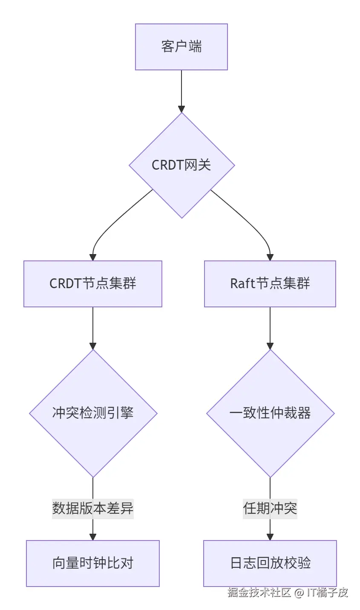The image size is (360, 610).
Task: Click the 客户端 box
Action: pos(181,46)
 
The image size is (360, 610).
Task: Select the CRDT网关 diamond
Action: pos(181,165)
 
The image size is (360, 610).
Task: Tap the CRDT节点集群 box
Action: pos(93,283)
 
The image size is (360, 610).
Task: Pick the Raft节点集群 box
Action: pos(270,283)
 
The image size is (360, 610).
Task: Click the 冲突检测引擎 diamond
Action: pos(93,413)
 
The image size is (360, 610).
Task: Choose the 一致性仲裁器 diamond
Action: pos(270,413)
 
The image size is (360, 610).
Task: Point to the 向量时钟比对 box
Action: pos(93,563)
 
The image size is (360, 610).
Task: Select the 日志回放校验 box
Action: pos(270,563)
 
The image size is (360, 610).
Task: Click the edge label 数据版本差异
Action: pos(93,508)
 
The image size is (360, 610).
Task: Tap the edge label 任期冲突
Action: pos(270,508)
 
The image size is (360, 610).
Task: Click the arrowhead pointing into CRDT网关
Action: pos(181,109)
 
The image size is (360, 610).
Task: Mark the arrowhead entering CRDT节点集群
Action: pos(93,257)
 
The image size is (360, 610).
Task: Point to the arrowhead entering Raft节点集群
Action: pos(270,257)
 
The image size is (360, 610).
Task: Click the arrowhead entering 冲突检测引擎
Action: pos(93,346)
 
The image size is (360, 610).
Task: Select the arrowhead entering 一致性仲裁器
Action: pos(270,346)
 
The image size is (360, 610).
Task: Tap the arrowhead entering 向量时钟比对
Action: pos(93,537)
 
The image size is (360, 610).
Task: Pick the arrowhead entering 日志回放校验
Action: pos(270,537)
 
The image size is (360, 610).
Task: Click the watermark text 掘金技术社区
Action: pos(259,592)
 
